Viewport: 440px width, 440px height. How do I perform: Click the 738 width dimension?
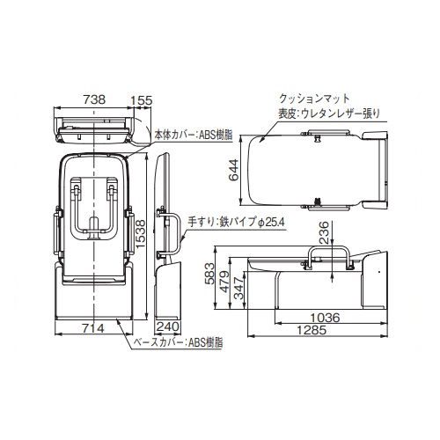[x=94, y=99]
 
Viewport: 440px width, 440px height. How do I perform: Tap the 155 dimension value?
[x=142, y=100]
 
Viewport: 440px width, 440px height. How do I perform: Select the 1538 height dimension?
[x=141, y=233]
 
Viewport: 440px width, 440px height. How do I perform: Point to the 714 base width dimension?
[x=93, y=328]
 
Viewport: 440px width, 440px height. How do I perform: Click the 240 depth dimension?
[x=167, y=326]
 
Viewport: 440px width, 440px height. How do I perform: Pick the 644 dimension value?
[x=234, y=170]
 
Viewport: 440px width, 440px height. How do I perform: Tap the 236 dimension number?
[x=324, y=232]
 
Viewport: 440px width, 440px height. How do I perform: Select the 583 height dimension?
[x=209, y=274]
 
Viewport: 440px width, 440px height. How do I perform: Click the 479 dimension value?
[x=224, y=282]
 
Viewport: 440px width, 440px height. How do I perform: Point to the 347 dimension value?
[x=239, y=288]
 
